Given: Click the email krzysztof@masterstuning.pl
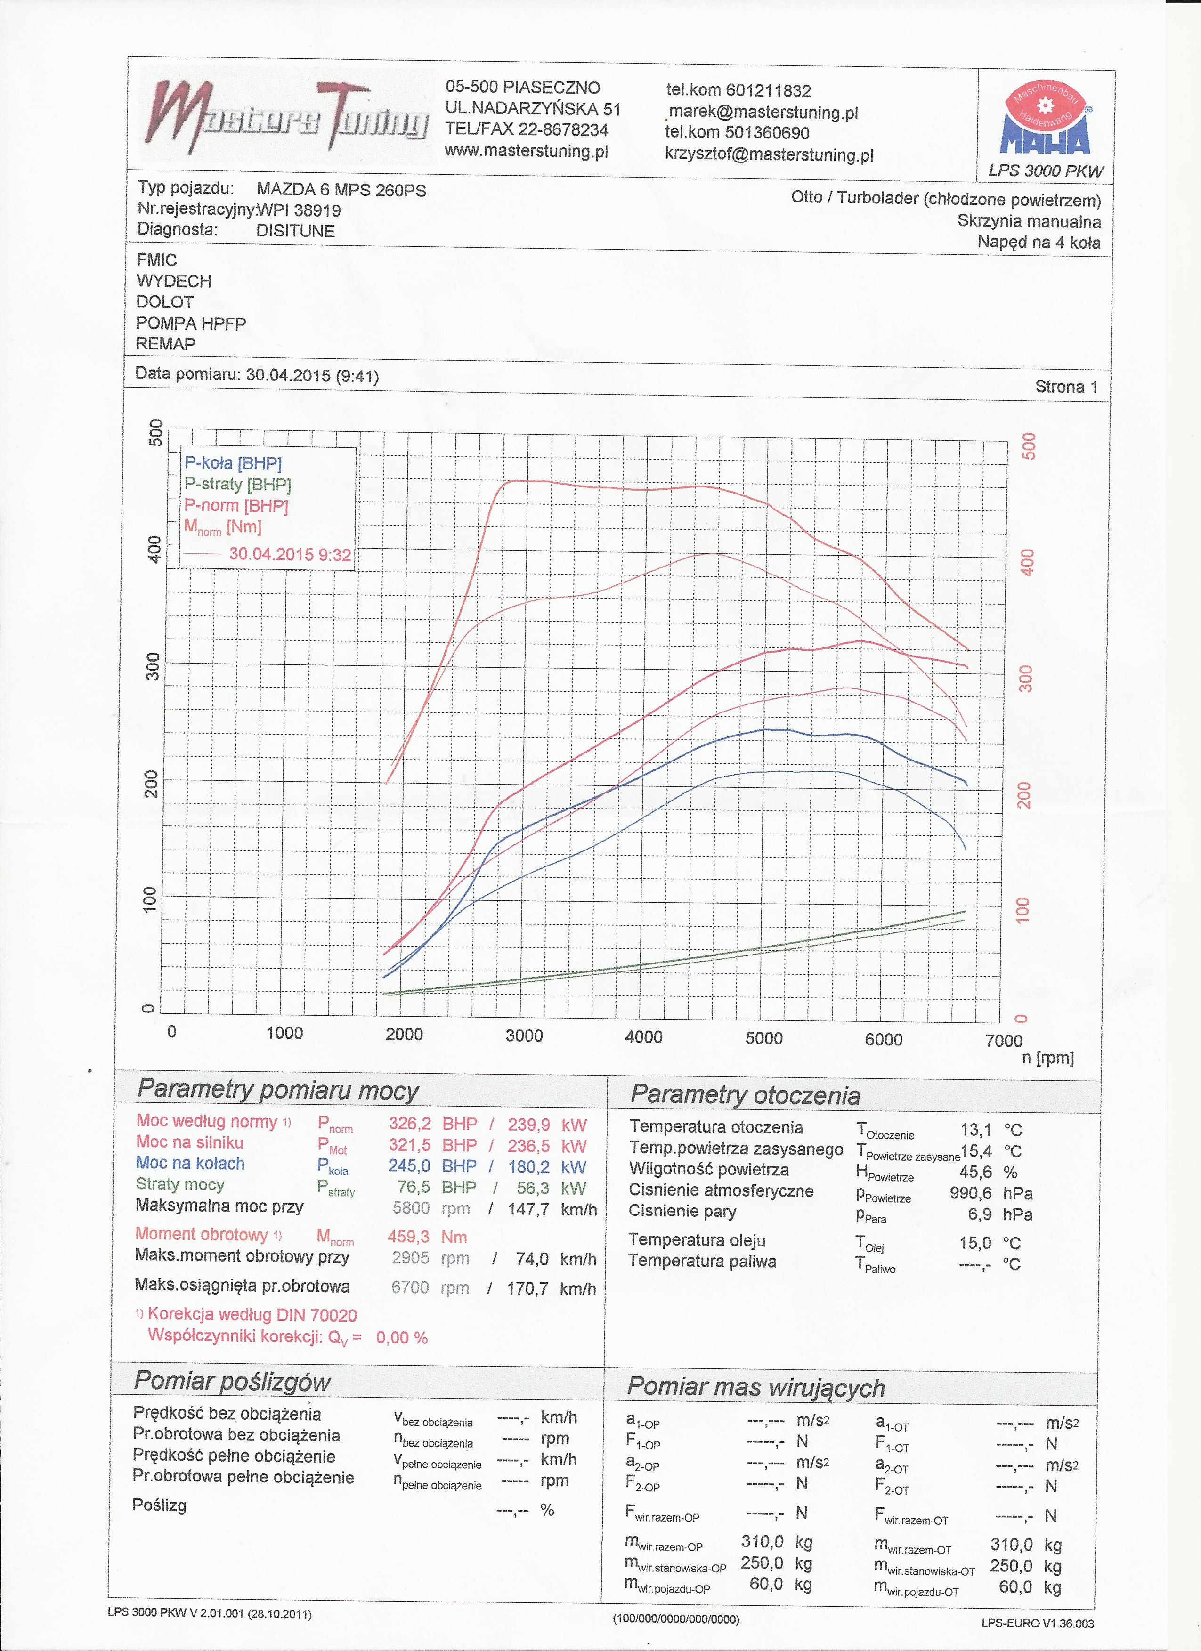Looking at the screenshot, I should [769, 155].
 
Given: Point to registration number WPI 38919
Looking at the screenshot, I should [299, 211].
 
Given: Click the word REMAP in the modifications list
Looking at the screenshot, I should [165, 344].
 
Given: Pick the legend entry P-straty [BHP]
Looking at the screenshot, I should [237, 484].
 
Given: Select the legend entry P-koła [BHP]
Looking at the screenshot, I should [233, 463].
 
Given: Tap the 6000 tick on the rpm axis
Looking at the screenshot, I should [883, 1039].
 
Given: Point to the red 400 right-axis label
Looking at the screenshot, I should [1026, 562].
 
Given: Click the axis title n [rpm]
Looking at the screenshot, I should [1047, 1058].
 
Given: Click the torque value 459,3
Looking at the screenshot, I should [408, 1237].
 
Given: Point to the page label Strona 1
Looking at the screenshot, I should [1066, 387].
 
